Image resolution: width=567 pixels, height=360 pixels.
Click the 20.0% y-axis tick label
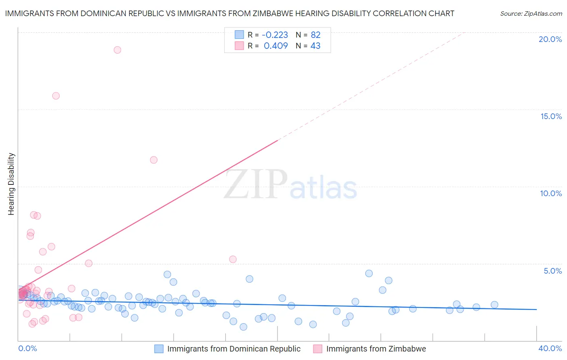pyautogui.click(x=550, y=39)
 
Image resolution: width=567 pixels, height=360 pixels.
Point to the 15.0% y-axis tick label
pyautogui.click(x=551, y=116)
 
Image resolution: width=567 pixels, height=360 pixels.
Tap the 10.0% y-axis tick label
pyautogui.click(x=551, y=193)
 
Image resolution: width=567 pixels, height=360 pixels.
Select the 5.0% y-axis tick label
pyautogui.click(x=552, y=271)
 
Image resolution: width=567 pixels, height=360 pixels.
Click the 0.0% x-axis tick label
pyautogui.click(x=27, y=348)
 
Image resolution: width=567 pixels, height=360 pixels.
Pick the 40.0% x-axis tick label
pyautogui.click(x=550, y=348)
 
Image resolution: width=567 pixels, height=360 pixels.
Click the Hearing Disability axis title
pyautogui.click(x=11, y=184)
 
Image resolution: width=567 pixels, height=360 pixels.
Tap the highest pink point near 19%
pyautogui.click(x=117, y=50)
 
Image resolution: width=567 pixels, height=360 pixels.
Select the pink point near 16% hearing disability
pyautogui.click(x=56, y=96)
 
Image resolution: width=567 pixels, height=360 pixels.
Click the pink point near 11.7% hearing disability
pyautogui.click(x=154, y=160)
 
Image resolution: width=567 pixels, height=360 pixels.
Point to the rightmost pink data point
pyautogui.click(x=233, y=260)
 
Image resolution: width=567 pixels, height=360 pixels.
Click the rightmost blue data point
pyautogui.click(x=494, y=305)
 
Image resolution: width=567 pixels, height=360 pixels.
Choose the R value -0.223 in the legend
pyautogui.click(x=275, y=35)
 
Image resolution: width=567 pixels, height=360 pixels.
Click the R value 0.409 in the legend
pyautogui.click(x=275, y=46)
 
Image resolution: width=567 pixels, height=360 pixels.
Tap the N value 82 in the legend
pyautogui.click(x=315, y=35)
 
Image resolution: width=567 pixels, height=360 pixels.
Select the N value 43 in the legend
pyautogui.click(x=315, y=46)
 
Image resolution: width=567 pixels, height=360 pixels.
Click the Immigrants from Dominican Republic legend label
pyautogui.click(x=234, y=349)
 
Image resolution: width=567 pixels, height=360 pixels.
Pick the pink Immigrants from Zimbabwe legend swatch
pyautogui.click(x=318, y=349)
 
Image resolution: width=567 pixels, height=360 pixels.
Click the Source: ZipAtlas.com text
pyautogui.click(x=531, y=14)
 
